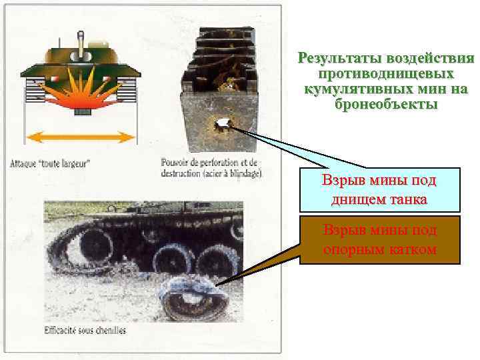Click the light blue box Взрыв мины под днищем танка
(x=379, y=189)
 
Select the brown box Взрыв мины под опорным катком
(x=379, y=239)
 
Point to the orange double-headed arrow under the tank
(x=81, y=137)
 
